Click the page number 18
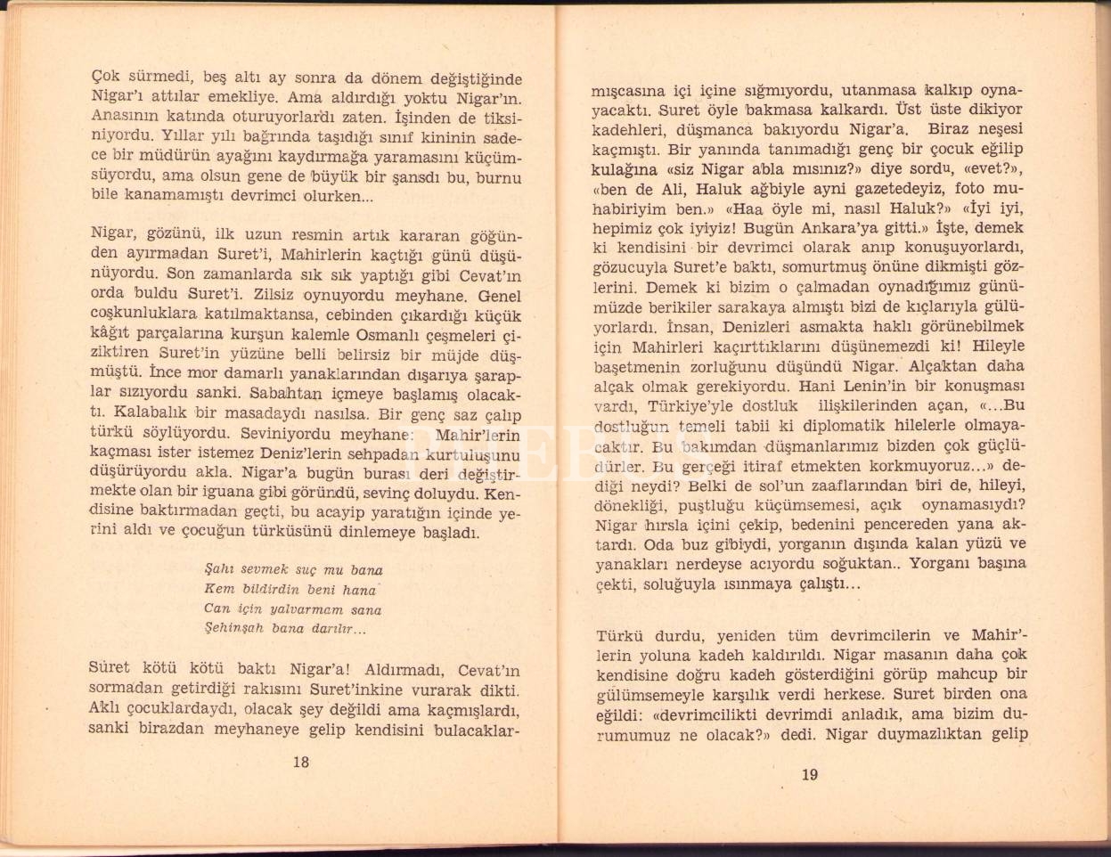pyautogui.click(x=300, y=762)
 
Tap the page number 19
pyautogui.click(x=809, y=774)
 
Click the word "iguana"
pyautogui.click(x=255, y=494)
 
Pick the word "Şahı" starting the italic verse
pyautogui.click(x=218, y=569)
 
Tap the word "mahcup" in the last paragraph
pyautogui.click(x=976, y=674)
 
